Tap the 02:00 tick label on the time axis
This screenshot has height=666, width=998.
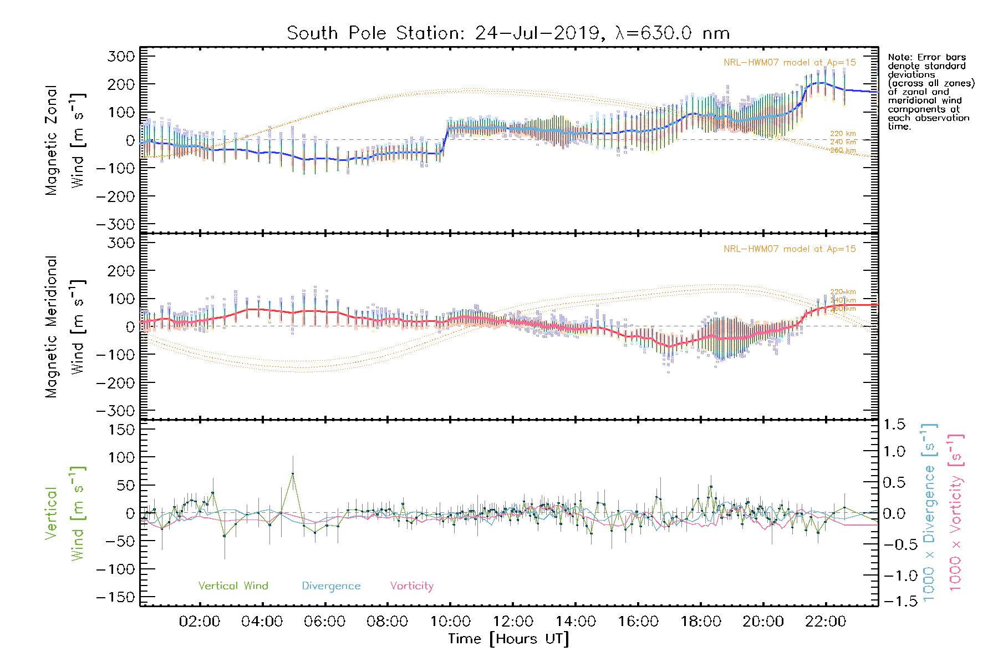click(x=199, y=622)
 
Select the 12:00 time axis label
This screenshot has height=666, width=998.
click(x=513, y=622)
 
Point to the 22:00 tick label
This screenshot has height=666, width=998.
click(x=826, y=622)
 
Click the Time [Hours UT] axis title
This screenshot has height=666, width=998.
click(x=508, y=639)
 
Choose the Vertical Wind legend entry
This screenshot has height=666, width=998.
click(x=233, y=586)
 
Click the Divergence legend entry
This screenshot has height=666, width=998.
click(x=331, y=586)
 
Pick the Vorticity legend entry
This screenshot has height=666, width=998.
click(x=411, y=586)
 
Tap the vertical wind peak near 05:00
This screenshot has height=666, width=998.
click(x=293, y=473)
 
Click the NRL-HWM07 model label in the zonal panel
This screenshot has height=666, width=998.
click(x=790, y=62)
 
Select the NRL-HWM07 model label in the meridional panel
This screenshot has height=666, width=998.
click(x=790, y=249)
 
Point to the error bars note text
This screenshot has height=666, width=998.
click(x=930, y=92)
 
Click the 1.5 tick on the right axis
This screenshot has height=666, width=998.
click(x=894, y=425)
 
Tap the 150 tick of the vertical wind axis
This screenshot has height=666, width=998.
click(x=121, y=430)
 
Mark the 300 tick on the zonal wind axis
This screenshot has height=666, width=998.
click(x=121, y=56)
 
